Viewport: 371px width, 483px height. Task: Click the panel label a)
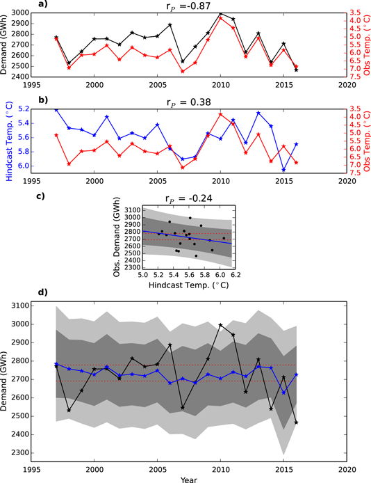coord(43,5)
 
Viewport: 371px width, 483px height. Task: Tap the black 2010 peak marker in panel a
coord(221,14)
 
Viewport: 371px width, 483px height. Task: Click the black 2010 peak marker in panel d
coord(221,325)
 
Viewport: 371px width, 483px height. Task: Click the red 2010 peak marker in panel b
coord(221,114)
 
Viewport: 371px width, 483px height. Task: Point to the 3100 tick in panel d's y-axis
coord(31,306)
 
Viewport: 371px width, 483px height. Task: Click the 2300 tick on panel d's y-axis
coord(31,453)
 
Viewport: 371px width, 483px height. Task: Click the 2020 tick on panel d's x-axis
coord(347,469)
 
